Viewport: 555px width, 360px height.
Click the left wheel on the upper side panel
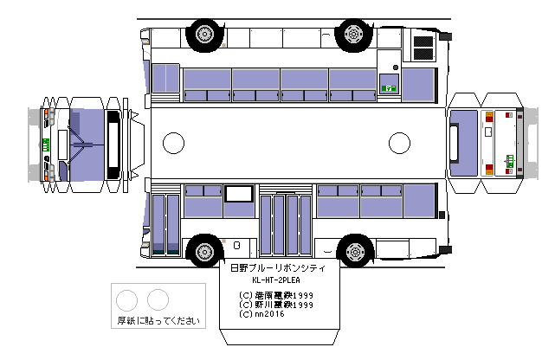[x=203, y=34]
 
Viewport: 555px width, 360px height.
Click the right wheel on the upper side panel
[x=352, y=34]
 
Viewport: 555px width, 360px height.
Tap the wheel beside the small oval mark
[x=203, y=250]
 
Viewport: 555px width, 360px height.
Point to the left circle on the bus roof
[x=174, y=142]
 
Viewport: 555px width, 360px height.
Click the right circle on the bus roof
[x=399, y=142]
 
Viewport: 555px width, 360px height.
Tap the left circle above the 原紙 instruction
[x=126, y=299]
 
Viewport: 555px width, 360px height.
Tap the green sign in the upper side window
[x=389, y=87]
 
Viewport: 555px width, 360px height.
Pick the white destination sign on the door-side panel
[x=237, y=195]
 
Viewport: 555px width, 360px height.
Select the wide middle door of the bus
[x=286, y=223]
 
